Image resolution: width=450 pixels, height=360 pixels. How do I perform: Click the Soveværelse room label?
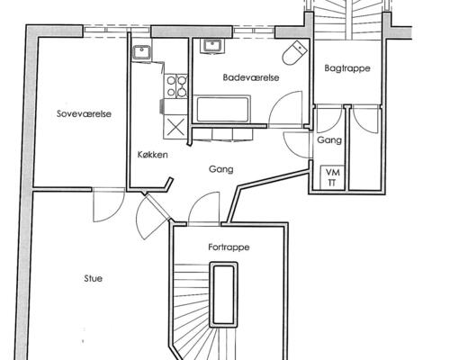[84, 114]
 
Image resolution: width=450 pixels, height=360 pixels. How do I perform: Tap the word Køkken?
[152, 155]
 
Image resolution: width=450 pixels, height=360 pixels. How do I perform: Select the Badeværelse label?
[251, 77]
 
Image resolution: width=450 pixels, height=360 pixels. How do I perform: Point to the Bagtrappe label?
[347, 68]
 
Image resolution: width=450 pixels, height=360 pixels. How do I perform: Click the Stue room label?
[93, 278]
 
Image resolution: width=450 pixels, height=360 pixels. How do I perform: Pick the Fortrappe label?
[229, 247]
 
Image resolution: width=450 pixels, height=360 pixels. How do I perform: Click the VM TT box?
[333, 177]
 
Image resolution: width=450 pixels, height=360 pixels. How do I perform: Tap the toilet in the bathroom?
[294, 53]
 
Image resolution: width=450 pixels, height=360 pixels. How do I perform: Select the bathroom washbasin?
[212, 47]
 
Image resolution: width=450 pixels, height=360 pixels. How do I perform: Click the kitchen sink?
[142, 52]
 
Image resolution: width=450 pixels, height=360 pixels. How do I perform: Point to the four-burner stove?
[176, 86]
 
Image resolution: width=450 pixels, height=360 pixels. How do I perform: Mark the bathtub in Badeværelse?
[222, 109]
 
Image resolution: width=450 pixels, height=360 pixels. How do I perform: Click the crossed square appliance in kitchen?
[175, 127]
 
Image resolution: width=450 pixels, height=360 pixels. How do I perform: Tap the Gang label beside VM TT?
[329, 140]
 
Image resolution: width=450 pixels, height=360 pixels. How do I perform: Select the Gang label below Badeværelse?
[221, 169]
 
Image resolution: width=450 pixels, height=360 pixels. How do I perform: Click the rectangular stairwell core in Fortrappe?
[224, 294]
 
